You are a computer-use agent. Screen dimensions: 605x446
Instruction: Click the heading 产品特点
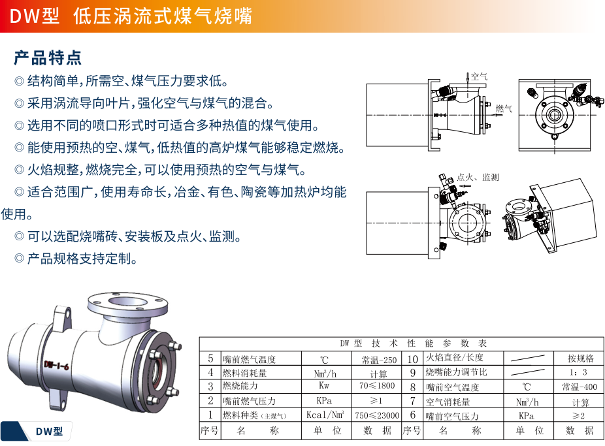[x=48, y=58]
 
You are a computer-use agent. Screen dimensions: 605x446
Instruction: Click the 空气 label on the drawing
[x=479, y=76]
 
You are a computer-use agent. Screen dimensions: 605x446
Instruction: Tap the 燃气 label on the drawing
[x=504, y=108]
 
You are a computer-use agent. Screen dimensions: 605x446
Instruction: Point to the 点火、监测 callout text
[x=478, y=178]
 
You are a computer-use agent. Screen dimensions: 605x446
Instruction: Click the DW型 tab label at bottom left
[x=49, y=432]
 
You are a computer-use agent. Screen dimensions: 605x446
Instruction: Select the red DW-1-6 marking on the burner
[x=56, y=365]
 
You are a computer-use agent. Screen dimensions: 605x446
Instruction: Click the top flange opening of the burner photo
[x=127, y=302]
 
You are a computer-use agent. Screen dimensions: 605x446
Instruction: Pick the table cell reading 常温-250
[x=379, y=360]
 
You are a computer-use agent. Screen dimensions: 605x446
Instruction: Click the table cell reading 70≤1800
[x=377, y=385]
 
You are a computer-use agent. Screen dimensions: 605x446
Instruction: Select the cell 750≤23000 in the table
[x=377, y=415]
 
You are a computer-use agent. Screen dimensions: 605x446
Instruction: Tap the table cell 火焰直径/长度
[x=454, y=357]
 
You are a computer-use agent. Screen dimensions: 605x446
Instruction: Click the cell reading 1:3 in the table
[x=578, y=372]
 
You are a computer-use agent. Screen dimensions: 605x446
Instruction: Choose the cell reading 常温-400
[x=580, y=387]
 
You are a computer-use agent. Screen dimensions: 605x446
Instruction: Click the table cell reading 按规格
[x=580, y=358]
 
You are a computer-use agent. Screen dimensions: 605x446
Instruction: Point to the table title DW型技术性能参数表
[x=413, y=343]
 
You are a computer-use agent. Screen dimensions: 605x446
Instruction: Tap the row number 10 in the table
[x=412, y=359]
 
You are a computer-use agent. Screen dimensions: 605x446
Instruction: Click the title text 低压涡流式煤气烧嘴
[x=163, y=16]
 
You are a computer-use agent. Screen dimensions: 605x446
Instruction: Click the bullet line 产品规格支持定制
[x=76, y=259]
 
